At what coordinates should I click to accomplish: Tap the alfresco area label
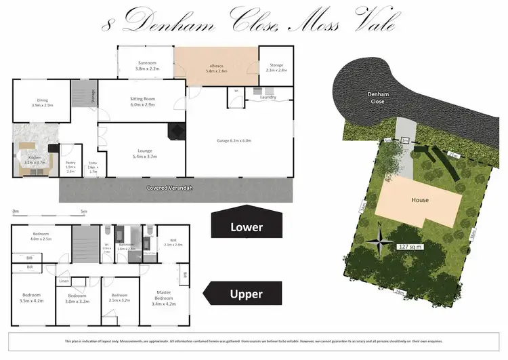(217, 66)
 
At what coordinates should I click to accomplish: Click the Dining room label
(41, 102)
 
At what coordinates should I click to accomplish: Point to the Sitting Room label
(143, 102)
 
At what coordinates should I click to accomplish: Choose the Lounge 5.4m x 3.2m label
(143, 153)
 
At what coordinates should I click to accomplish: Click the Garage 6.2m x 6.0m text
(234, 140)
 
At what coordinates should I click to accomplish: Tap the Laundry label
(268, 98)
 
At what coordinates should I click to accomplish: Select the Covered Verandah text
(171, 188)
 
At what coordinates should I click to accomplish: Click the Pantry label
(70, 165)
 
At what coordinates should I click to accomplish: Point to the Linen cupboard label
(64, 281)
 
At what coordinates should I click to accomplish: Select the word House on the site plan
(421, 200)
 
